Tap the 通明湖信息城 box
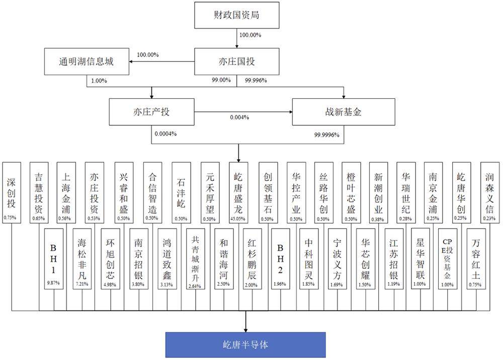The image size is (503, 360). pyautogui.click(x=86, y=61)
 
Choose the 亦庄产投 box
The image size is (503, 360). pyautogui.click(x=151, y=111)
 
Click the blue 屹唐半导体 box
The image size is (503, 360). pyautogui.click(x=245, y=344)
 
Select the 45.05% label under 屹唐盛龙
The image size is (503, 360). pyautogui.click(x=238, y=218)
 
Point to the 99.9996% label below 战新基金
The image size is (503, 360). pyautogui.click(x=326, y=134)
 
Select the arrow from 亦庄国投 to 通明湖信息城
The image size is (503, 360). pyautogui.click(x=161, y=61)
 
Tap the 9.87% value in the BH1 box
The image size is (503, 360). pyautogui.click(x=53, y=283)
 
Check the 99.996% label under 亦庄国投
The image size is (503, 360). pyautogui.click(x=256, y=80)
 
